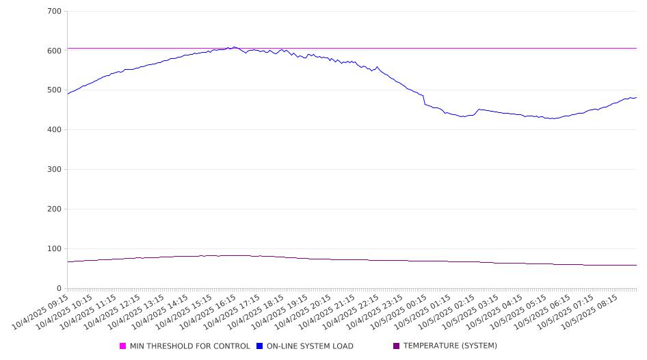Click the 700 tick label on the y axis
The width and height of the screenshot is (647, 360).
(x=55, y=12)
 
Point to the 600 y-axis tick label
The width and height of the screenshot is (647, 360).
(x=55, y=51)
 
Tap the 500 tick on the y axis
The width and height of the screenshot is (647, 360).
(x=55, y=90)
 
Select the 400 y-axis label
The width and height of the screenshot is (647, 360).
(x=55, y=130)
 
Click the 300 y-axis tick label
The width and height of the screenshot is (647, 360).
(x=55, y=170)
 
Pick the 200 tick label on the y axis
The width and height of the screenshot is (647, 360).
(x=55, y=209)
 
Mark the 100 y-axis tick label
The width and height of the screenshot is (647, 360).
(x=55, y=249)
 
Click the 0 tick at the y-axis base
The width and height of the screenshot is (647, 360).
(x=60, y=288)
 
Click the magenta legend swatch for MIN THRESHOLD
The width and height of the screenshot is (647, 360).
(x=123, y=346)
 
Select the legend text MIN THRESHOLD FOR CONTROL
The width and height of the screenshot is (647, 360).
(x=189, y=346)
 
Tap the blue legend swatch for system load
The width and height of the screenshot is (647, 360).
(x=260, y=346)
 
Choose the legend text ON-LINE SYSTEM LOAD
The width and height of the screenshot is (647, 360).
(x=310, y=346)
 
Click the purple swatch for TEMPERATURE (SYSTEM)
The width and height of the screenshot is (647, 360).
(x=397, y=346)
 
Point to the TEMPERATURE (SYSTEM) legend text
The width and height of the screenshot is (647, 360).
(x=450, y=346)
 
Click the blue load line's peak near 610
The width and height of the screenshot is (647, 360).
(x=235, y=47)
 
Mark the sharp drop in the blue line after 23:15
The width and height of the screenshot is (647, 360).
(x=424, y=100)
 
